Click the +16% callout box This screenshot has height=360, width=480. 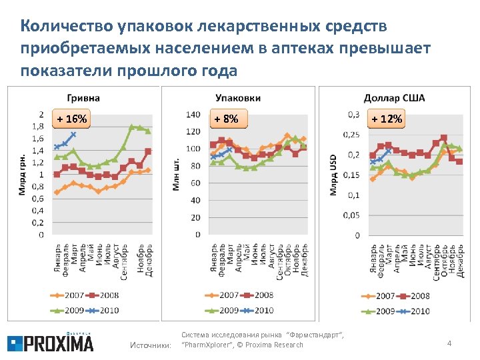[71, 119]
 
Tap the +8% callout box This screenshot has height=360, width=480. [227, 119]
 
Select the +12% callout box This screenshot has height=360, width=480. [387, 119]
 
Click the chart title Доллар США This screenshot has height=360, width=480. [394, 99]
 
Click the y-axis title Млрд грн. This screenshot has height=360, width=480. [22, 175]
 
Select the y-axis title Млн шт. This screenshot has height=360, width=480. [177, 175]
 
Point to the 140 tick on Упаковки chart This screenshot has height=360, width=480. [193, 115]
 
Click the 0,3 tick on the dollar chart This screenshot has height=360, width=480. [351, 114]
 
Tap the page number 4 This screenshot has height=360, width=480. [449, 343]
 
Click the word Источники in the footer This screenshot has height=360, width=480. [150, 345]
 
